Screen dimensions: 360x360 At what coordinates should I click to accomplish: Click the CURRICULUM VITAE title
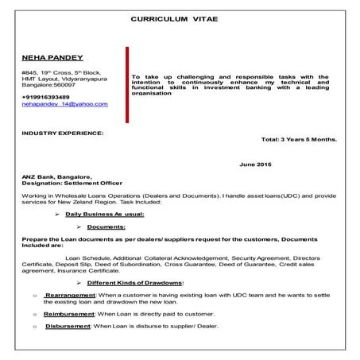tap(179, 17)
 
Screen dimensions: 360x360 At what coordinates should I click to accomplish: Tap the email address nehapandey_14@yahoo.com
tap(64, 104)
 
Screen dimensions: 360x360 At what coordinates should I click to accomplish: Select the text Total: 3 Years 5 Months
tap(299, 138)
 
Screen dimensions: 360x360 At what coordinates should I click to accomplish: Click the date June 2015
tap(256, 164)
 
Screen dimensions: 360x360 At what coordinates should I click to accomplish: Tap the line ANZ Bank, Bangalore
tap(57, 176)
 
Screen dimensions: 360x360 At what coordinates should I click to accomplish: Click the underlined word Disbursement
tap(68, 326)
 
